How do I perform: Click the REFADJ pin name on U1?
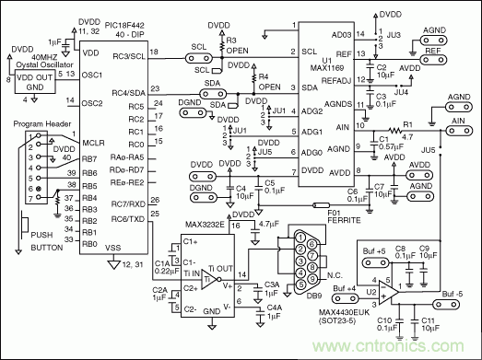point(343,79)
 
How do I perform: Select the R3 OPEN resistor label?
point(232,46)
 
